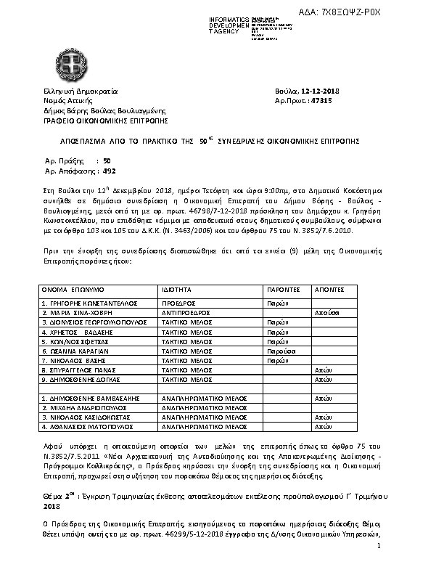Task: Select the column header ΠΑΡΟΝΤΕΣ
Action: tap(284, 288)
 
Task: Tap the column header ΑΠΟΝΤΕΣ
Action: tap(330, 288)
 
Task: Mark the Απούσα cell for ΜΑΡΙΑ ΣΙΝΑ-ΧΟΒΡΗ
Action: tap(326, 311)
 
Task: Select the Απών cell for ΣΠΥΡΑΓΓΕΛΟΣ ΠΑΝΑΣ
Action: tap(323, 370)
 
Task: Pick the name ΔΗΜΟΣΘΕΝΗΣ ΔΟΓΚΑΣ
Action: tap(79, 379)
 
